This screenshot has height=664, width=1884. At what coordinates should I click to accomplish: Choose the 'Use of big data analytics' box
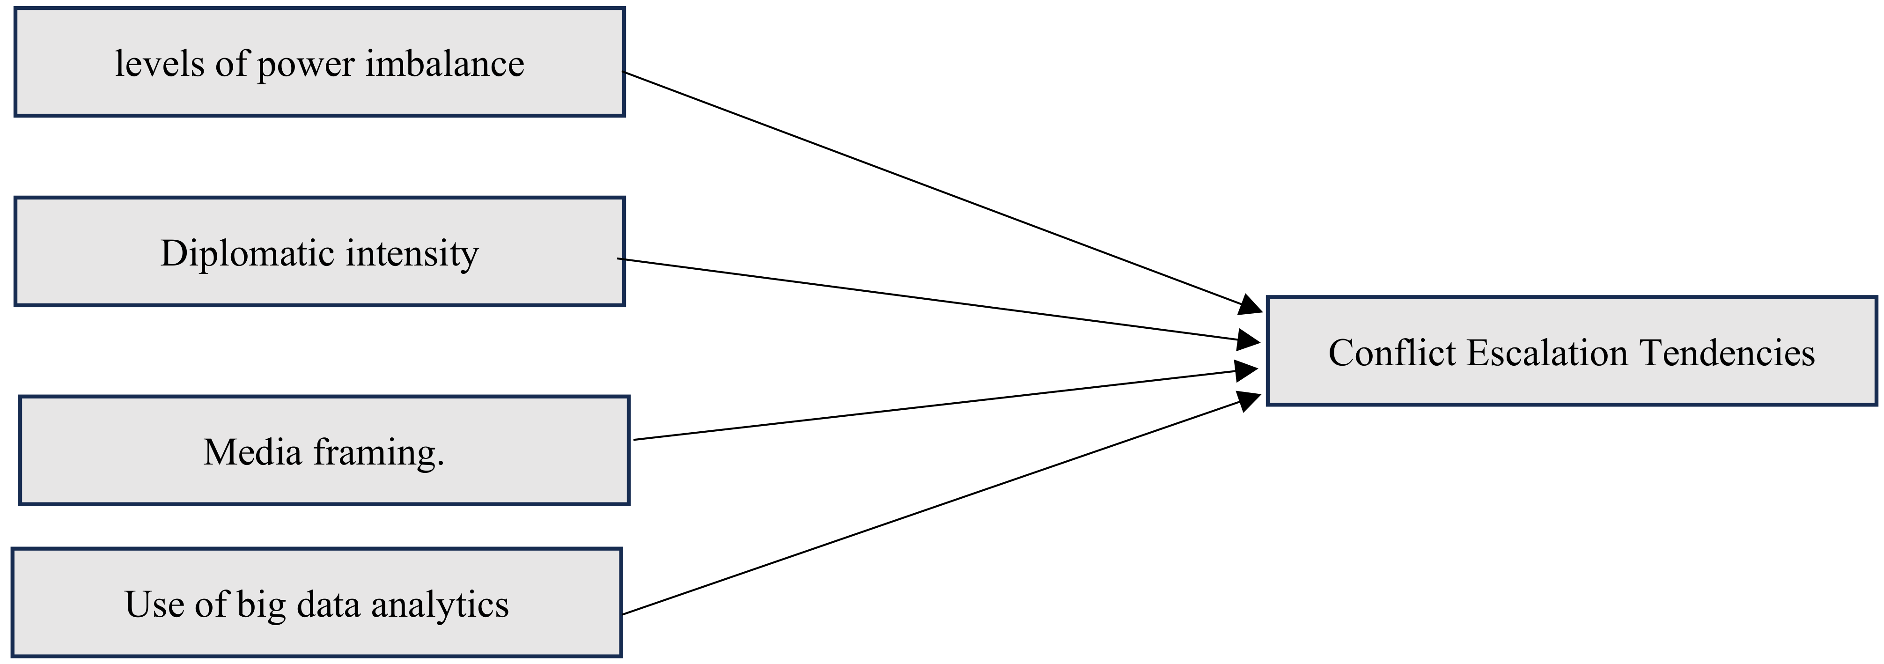pos(316,603)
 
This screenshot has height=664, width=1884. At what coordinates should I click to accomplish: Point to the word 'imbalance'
pos(445,64)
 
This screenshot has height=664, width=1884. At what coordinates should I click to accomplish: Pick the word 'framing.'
pos(379,453)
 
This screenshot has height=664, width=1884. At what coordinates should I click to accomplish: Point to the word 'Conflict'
pos(1392,353)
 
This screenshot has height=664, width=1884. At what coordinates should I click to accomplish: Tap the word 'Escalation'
pos(1546,353)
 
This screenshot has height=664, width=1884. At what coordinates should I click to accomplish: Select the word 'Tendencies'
pos(1727,353)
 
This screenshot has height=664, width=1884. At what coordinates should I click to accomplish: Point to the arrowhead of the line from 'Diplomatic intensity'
pos(1247,339)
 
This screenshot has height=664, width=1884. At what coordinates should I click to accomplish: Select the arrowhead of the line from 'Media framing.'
pos(1247,370)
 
